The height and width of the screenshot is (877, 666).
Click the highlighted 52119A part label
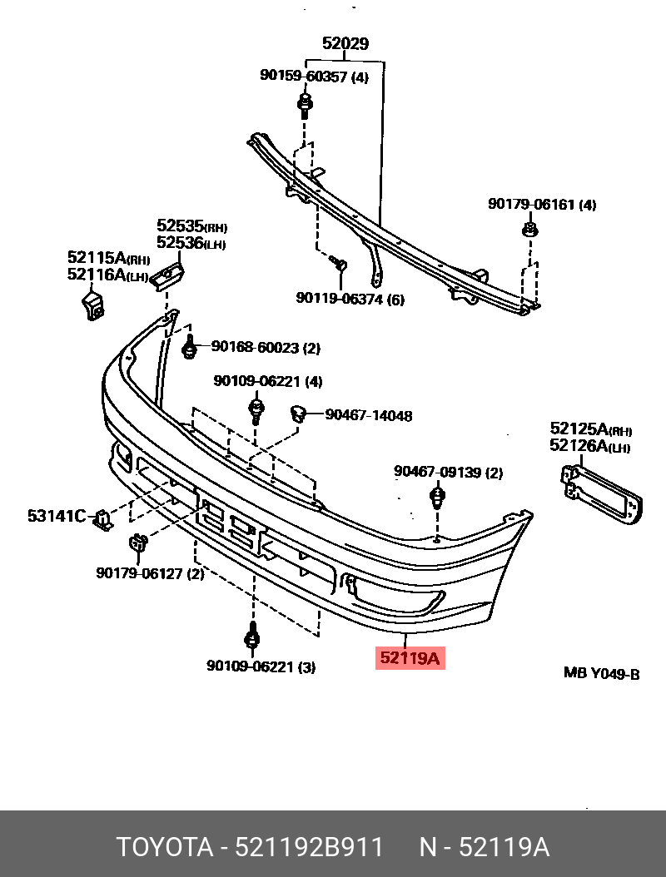tap(410, 659)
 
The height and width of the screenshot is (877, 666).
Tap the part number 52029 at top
tap(345, 43)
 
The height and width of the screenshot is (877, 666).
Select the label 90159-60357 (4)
tap(314, 76)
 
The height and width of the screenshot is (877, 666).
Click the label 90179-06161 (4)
tap(541, 205)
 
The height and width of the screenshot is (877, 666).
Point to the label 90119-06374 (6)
tap(350, 299)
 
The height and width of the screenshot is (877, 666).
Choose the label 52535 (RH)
tap(191, 225)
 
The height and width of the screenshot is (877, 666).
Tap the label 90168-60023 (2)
tap(265, 347)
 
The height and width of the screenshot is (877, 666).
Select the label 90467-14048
tap(368, 415)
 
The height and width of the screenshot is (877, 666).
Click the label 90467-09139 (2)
tap(448, 473)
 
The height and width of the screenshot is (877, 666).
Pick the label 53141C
tap(57, 517)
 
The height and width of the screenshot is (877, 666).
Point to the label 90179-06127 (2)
tap(150, 572)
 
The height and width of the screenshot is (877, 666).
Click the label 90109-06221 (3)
tap(261, 666)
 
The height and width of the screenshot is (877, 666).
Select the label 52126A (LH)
tap(589, 447)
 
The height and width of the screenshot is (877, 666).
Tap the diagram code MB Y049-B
tap(601, 673)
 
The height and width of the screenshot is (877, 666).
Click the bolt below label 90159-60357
tap(305, 106)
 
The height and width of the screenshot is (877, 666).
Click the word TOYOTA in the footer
tap(165, 848)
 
